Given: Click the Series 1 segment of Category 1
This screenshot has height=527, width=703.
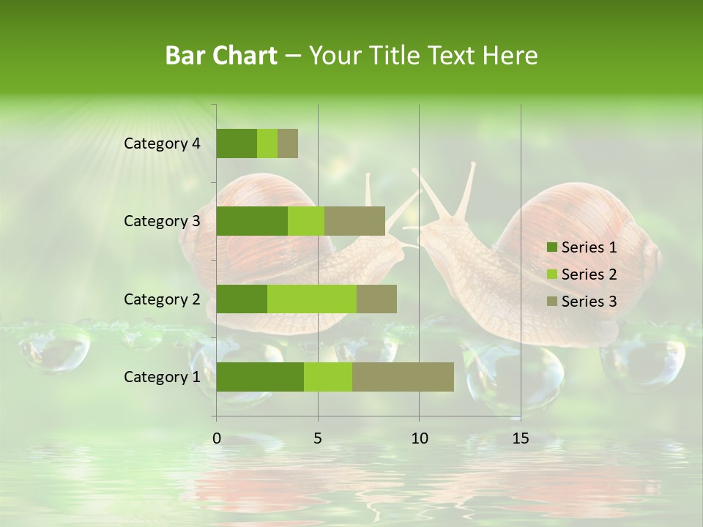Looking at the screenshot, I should [x=260, y=377].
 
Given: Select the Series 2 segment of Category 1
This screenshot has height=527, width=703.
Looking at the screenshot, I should [x=328, y=377].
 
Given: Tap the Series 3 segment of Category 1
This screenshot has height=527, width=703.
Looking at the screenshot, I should [x=403, y=377].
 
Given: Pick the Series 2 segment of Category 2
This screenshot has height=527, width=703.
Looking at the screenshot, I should [x=312, y=299].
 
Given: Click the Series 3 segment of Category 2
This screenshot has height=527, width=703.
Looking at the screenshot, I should [x=376, y=299].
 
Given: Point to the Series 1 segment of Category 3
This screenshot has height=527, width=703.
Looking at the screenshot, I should [x=252, y=221].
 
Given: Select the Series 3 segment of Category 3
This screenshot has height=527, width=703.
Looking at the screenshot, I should [x=354, y=221].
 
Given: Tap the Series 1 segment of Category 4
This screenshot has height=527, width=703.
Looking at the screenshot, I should [x=237, y=143].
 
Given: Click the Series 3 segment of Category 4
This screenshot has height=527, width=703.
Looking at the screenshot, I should [x=288, y=143].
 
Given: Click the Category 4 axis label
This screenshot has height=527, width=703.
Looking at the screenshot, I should [x=162, y=143].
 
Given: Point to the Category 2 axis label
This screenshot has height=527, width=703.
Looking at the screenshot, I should [x=162, y=299].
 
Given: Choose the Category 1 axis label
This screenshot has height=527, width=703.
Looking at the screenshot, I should [x=162, y=377].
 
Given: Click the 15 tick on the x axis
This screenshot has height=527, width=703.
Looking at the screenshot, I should [x=521, y=438].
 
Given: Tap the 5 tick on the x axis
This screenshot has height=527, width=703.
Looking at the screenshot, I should [x=318, y=438].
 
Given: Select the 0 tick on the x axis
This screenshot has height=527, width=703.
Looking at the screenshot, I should [x=217, y=438].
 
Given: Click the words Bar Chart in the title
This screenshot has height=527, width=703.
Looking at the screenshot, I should [x=221, y=56].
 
